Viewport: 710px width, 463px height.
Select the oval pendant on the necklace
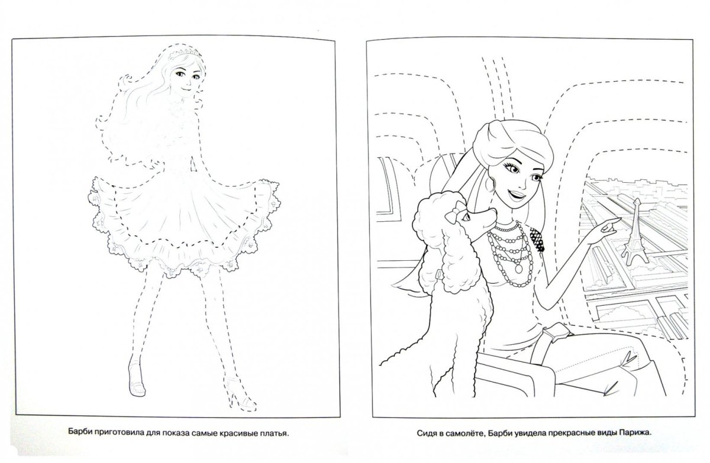click(518, 269)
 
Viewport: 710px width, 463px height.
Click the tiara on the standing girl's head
click(185, 54)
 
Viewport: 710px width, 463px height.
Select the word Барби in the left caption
click(79, 433)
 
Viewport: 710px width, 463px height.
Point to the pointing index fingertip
click(618, 219)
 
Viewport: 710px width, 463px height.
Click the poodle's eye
click(466, 217)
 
